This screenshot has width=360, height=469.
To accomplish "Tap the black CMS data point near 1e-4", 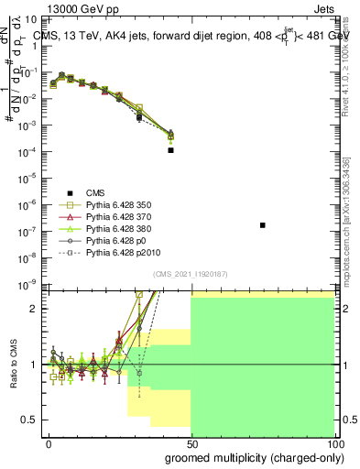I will click(171, 150).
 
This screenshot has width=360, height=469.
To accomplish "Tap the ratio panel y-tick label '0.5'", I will click(30, 420).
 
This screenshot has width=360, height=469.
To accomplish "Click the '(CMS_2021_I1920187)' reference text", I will click(191, 273).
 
